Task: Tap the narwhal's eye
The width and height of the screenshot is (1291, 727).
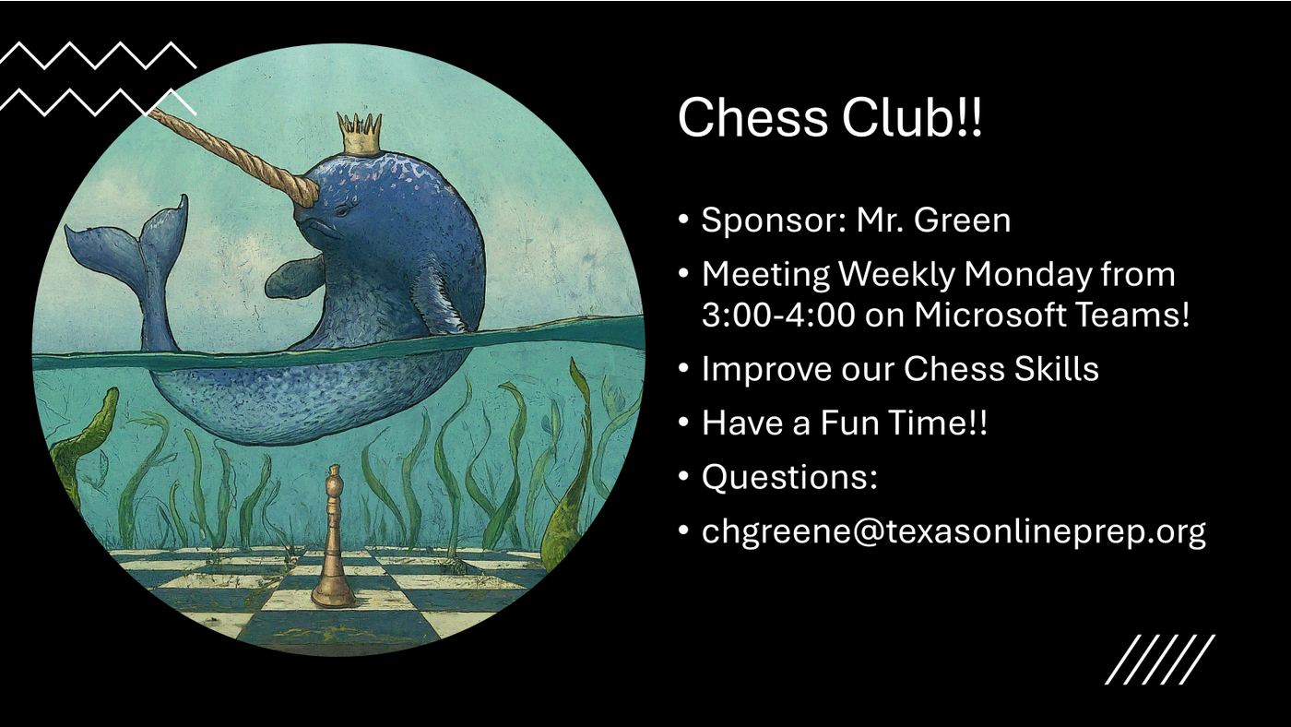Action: pyautogui.click(x=343, y=210)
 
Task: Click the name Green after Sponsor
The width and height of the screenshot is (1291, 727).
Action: pyautogui.click(x=964, y=220)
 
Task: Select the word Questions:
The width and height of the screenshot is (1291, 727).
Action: pyautogui.click(x=789, y=477)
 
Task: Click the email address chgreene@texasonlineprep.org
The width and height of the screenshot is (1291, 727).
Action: pyautogui.click(x=953, y=531)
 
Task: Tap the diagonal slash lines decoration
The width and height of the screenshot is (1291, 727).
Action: pyautogui.click(x=1160, y=659)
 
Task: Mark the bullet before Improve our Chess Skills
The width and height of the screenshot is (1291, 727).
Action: pyautogui.click(x=683, y=369)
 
